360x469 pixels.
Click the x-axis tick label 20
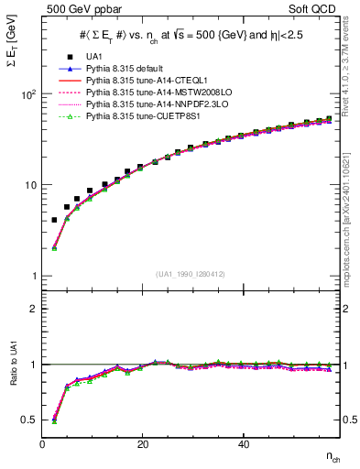pyautogui.click(x=143, y=445)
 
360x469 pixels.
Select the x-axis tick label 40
pyautogui.click(x=243, y=445)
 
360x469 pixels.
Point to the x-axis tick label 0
pyautogui.click(x=43, y=445)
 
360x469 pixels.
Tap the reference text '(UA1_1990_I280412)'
pyautogui.click(x=191, y=274)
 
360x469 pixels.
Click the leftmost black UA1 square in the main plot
pyautogui.click(x=55, y=220)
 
